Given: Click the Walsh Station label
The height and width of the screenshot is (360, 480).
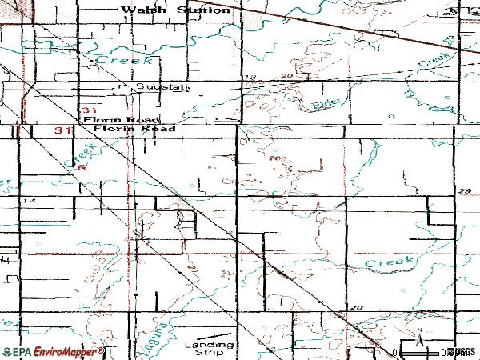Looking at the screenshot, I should (175, 10).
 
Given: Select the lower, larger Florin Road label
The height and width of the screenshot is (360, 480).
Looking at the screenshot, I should (134, 128).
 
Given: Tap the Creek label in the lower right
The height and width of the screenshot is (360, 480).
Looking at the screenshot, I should (390, 262).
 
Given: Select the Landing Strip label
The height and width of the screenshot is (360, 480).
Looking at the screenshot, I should (209, 349).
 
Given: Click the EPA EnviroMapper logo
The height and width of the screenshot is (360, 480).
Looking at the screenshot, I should (53, 352).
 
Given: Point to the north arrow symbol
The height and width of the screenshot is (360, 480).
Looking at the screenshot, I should (418, 335).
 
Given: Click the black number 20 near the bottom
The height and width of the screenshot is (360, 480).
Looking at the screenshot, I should (357, 307).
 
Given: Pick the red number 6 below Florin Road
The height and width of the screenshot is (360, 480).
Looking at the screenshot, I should (81, 167).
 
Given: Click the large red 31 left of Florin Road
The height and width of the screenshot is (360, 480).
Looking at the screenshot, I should (65, 129).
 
